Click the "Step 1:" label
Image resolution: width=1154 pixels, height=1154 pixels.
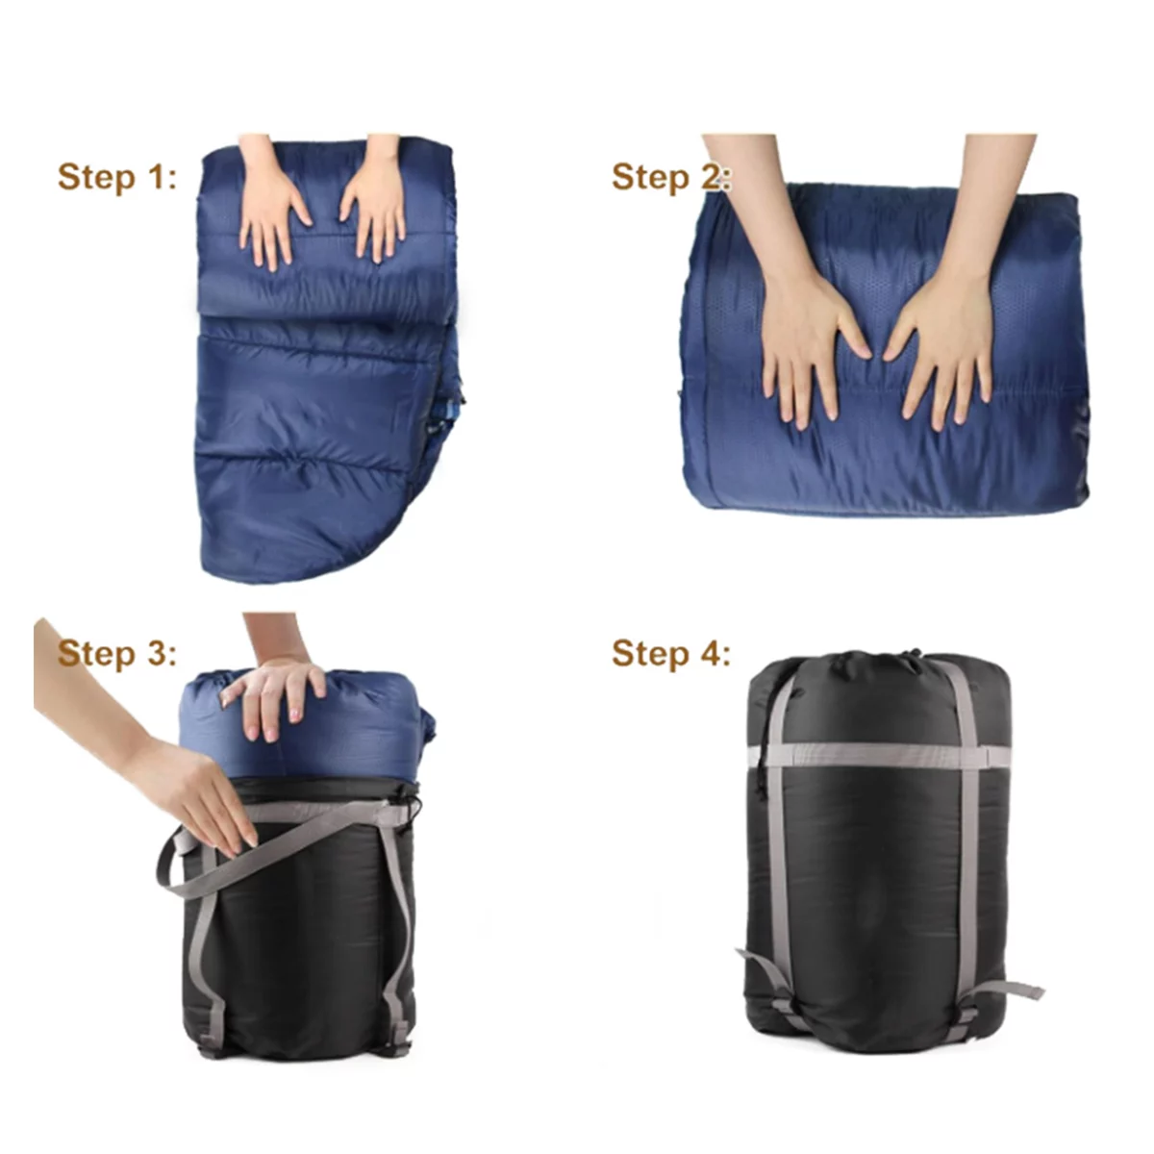click(x=117, y=177)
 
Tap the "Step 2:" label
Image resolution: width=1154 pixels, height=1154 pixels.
click(x=671, y=177)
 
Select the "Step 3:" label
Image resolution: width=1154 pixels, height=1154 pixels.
click(x=117, y=653)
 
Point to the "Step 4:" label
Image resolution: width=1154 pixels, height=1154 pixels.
click(x=671, y=653)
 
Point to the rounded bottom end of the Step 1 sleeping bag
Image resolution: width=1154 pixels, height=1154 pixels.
click(x=299, y=539)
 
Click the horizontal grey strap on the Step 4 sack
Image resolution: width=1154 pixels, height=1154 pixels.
click(x=880, y=756)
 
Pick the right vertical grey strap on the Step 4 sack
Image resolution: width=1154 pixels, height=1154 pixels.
click(x=967, y=839)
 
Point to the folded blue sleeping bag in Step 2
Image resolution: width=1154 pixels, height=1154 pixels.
click(x=885, y=353)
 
